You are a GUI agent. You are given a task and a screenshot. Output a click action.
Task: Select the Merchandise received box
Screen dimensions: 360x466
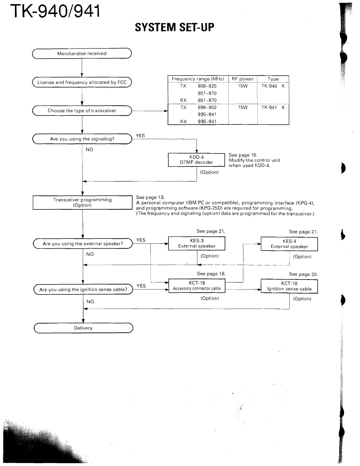pos(82,53)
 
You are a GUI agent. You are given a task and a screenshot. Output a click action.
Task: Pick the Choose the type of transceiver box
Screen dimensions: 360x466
pos(82,110)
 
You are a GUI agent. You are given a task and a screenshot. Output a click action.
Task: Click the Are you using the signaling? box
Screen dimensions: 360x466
pos(82,139)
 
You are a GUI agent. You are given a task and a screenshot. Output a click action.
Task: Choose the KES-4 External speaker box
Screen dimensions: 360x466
pos(289,244)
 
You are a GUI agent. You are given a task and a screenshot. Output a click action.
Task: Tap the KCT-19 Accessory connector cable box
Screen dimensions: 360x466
pos(196,286)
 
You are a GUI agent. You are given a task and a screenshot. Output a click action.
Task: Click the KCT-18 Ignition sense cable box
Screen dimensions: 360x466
pos(289,286)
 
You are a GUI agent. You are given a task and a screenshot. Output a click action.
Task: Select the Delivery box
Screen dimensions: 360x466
pos(82,328)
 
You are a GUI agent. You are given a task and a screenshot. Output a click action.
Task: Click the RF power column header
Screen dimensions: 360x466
pos(243,79)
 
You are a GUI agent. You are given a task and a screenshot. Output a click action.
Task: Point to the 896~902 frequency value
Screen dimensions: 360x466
pos(203,107)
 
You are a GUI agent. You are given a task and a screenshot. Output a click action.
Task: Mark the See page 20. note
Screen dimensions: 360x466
pos(303,274)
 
